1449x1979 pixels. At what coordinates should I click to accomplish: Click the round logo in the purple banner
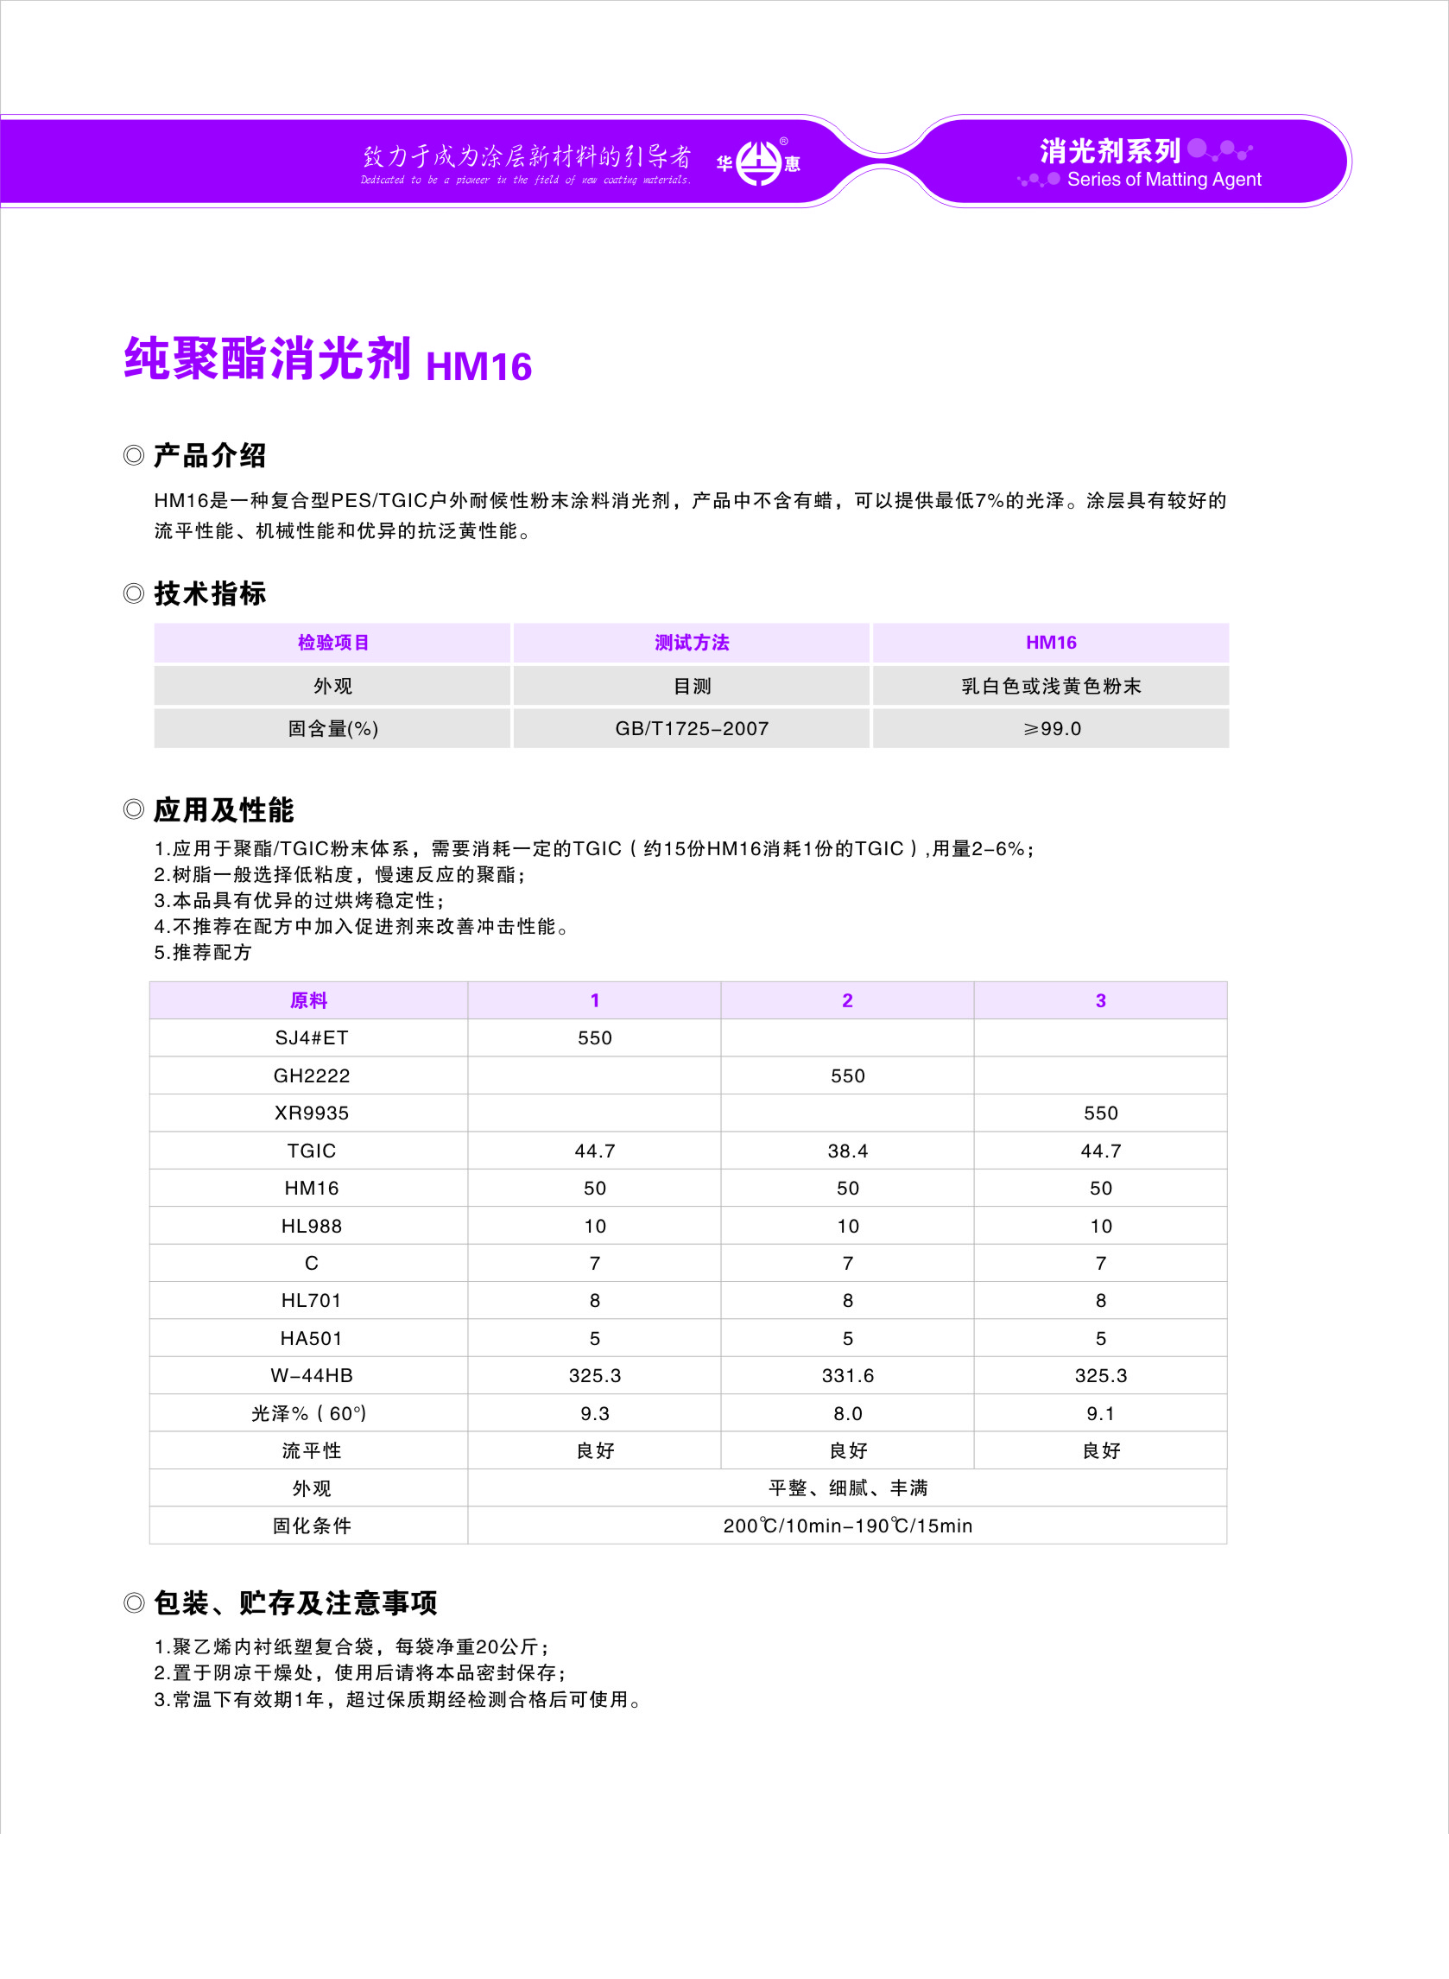758,162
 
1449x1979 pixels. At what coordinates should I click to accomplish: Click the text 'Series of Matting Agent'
1164,180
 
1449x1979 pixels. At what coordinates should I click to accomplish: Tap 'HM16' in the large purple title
479,366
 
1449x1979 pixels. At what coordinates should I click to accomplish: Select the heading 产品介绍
210,455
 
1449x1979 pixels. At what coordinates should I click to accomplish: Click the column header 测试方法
691,642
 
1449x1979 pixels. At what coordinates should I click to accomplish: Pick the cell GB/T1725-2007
691,728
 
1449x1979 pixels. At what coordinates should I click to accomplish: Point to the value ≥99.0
1051,728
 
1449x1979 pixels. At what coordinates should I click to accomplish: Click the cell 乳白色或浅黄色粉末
1051,686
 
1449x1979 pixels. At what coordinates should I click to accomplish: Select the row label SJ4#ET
312,1037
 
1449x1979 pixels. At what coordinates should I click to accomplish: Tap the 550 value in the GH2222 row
847,1075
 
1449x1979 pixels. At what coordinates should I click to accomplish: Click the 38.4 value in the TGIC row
847,1151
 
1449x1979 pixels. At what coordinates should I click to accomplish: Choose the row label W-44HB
312,1375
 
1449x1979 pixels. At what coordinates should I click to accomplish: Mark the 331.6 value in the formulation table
847,1375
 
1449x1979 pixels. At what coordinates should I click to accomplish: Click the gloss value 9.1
1100,1413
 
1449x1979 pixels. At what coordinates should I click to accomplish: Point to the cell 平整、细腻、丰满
847,1487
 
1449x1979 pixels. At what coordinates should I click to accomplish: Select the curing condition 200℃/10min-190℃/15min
847,1525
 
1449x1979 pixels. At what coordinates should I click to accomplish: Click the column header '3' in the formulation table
1100,1000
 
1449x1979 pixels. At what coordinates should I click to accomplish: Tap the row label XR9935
312,1113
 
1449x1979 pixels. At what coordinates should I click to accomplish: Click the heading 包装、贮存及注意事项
294,1602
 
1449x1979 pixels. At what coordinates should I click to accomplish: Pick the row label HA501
312,1338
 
